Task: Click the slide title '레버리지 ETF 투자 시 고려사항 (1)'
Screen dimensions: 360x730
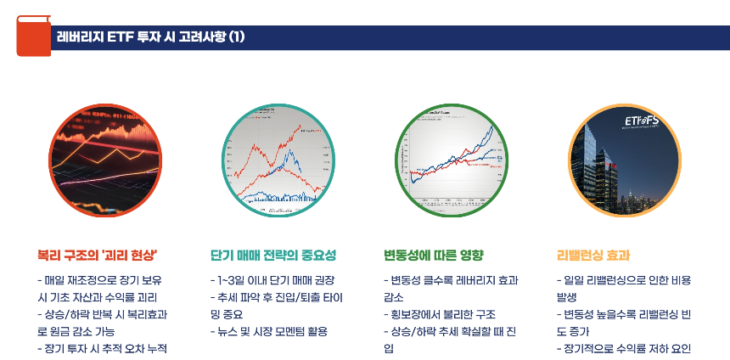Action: pos(150,37)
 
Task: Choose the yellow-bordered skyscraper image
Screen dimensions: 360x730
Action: pos(625,159)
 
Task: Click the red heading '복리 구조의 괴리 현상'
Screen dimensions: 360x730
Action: pos(98,255)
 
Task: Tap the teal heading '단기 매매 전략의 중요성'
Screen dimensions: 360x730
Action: pos(273,255)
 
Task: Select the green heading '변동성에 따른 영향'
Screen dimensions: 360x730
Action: pos(433,255)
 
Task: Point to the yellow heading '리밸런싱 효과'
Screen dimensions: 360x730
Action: pos(592,255)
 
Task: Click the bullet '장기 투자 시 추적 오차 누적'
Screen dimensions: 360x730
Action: pos(103,348)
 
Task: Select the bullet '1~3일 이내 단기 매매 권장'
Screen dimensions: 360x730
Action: pos(272,279)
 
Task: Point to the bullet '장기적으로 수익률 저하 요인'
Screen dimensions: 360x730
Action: pos(625,348)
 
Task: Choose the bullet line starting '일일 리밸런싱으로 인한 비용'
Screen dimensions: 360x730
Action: pos(624,279)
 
